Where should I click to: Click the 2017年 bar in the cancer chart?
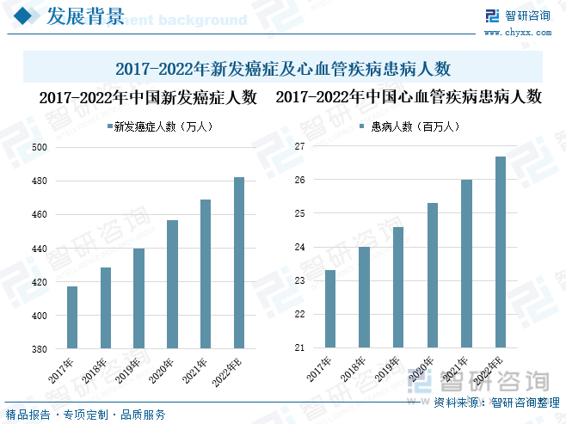click(72, 317)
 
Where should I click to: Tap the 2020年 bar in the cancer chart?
click(172, 285)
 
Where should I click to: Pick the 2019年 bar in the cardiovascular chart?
click(397, 287)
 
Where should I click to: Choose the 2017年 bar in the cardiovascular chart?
click(329, 309)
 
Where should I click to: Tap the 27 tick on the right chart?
click(299, 147)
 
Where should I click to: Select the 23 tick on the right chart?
click(299, 281)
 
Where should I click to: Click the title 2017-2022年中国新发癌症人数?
click(148, 97)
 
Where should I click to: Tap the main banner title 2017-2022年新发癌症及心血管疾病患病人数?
click(283, 67)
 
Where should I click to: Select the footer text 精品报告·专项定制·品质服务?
click(86, 415)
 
